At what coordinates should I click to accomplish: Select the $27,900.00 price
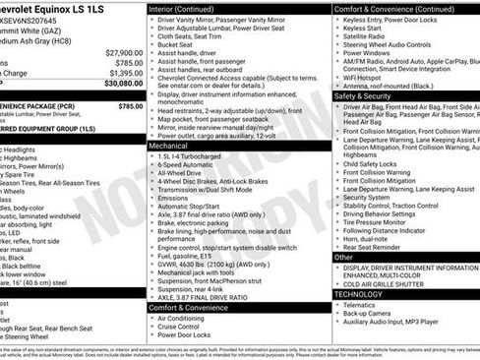tap(123, 52)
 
